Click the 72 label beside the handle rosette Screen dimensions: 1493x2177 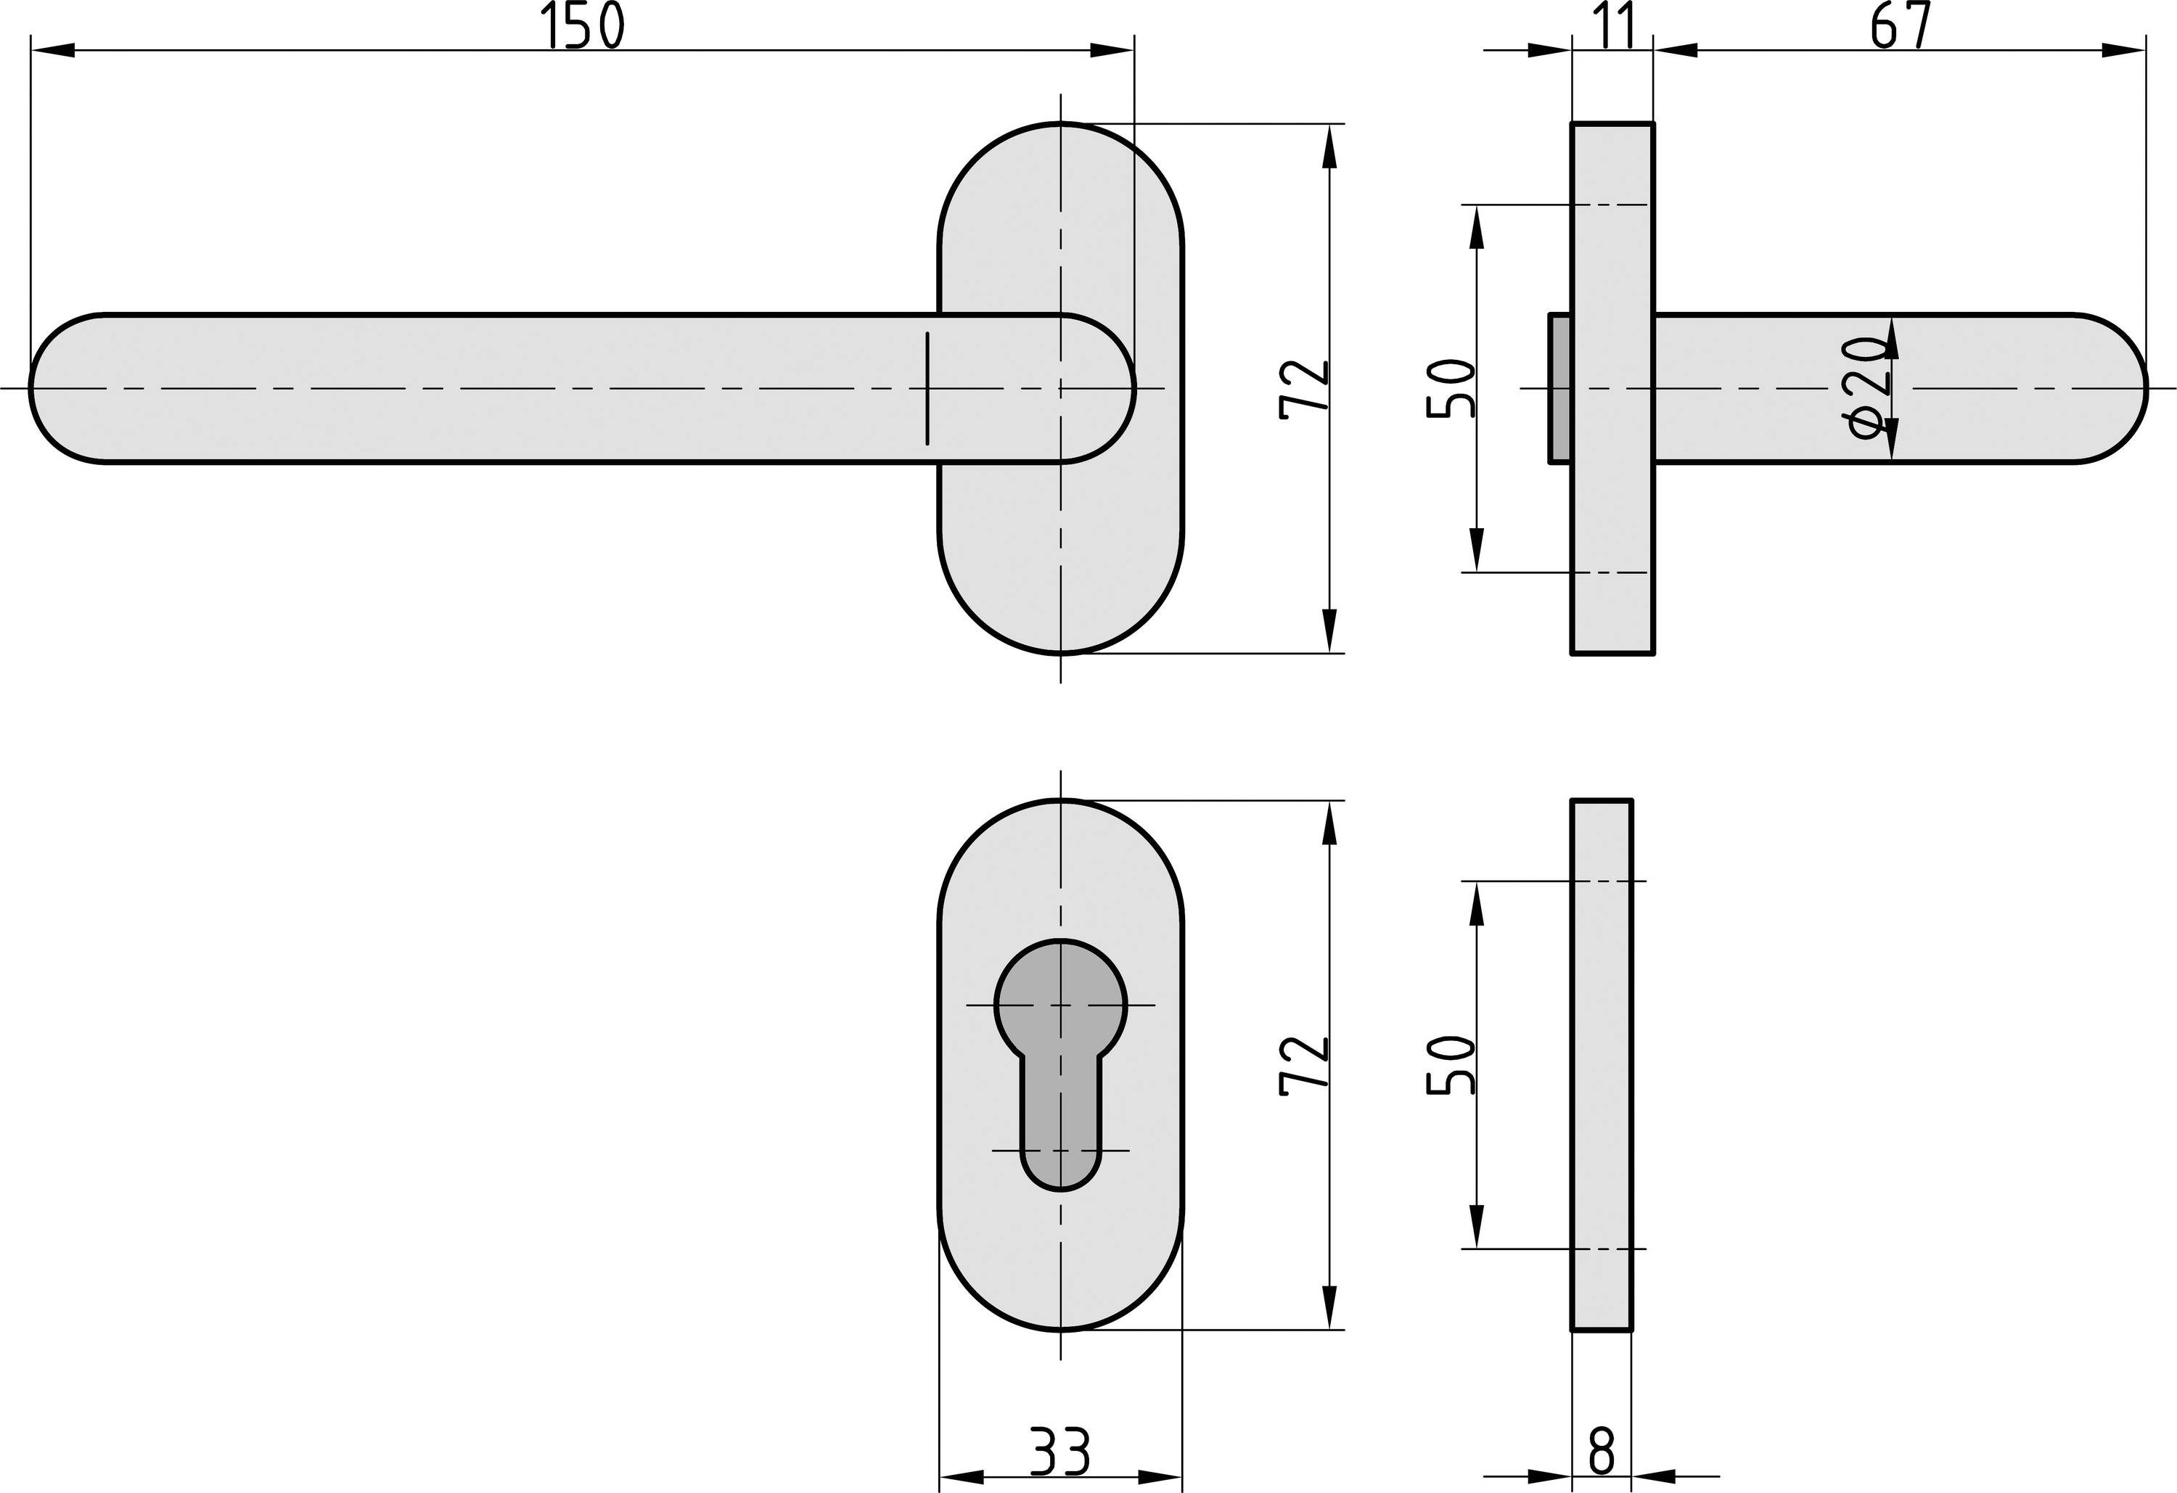tap(1304, 386)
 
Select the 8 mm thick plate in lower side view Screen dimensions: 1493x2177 tap(1602, 1064)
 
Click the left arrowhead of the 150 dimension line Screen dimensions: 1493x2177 tap(52, 49)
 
